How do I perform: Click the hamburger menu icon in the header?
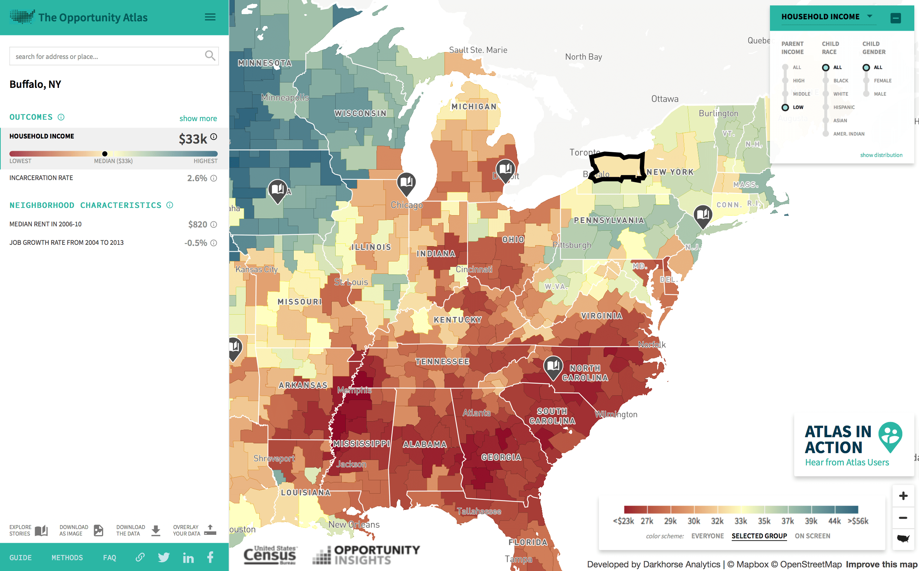[210, 17]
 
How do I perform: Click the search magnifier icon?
[210, 56]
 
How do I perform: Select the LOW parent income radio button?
[785, 107]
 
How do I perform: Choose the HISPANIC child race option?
[825, 107]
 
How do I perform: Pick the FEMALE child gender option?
[866, 80]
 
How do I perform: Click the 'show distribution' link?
[881, 155]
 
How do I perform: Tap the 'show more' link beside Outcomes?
[198, 118]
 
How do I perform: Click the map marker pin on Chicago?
[406, 183]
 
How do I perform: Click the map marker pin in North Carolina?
[553, 366]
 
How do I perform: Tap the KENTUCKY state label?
[458, 320]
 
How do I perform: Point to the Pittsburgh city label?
[571, 245]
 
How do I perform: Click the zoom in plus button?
[903, 495]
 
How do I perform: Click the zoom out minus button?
[903, 517]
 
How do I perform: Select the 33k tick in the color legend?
[740, 521]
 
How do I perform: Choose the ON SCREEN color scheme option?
[812, 536]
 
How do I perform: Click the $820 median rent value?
[197, 224]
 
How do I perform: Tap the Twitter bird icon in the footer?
[163, 557]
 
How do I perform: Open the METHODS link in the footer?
[67, 557]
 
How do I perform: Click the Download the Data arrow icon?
[156, 530]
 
